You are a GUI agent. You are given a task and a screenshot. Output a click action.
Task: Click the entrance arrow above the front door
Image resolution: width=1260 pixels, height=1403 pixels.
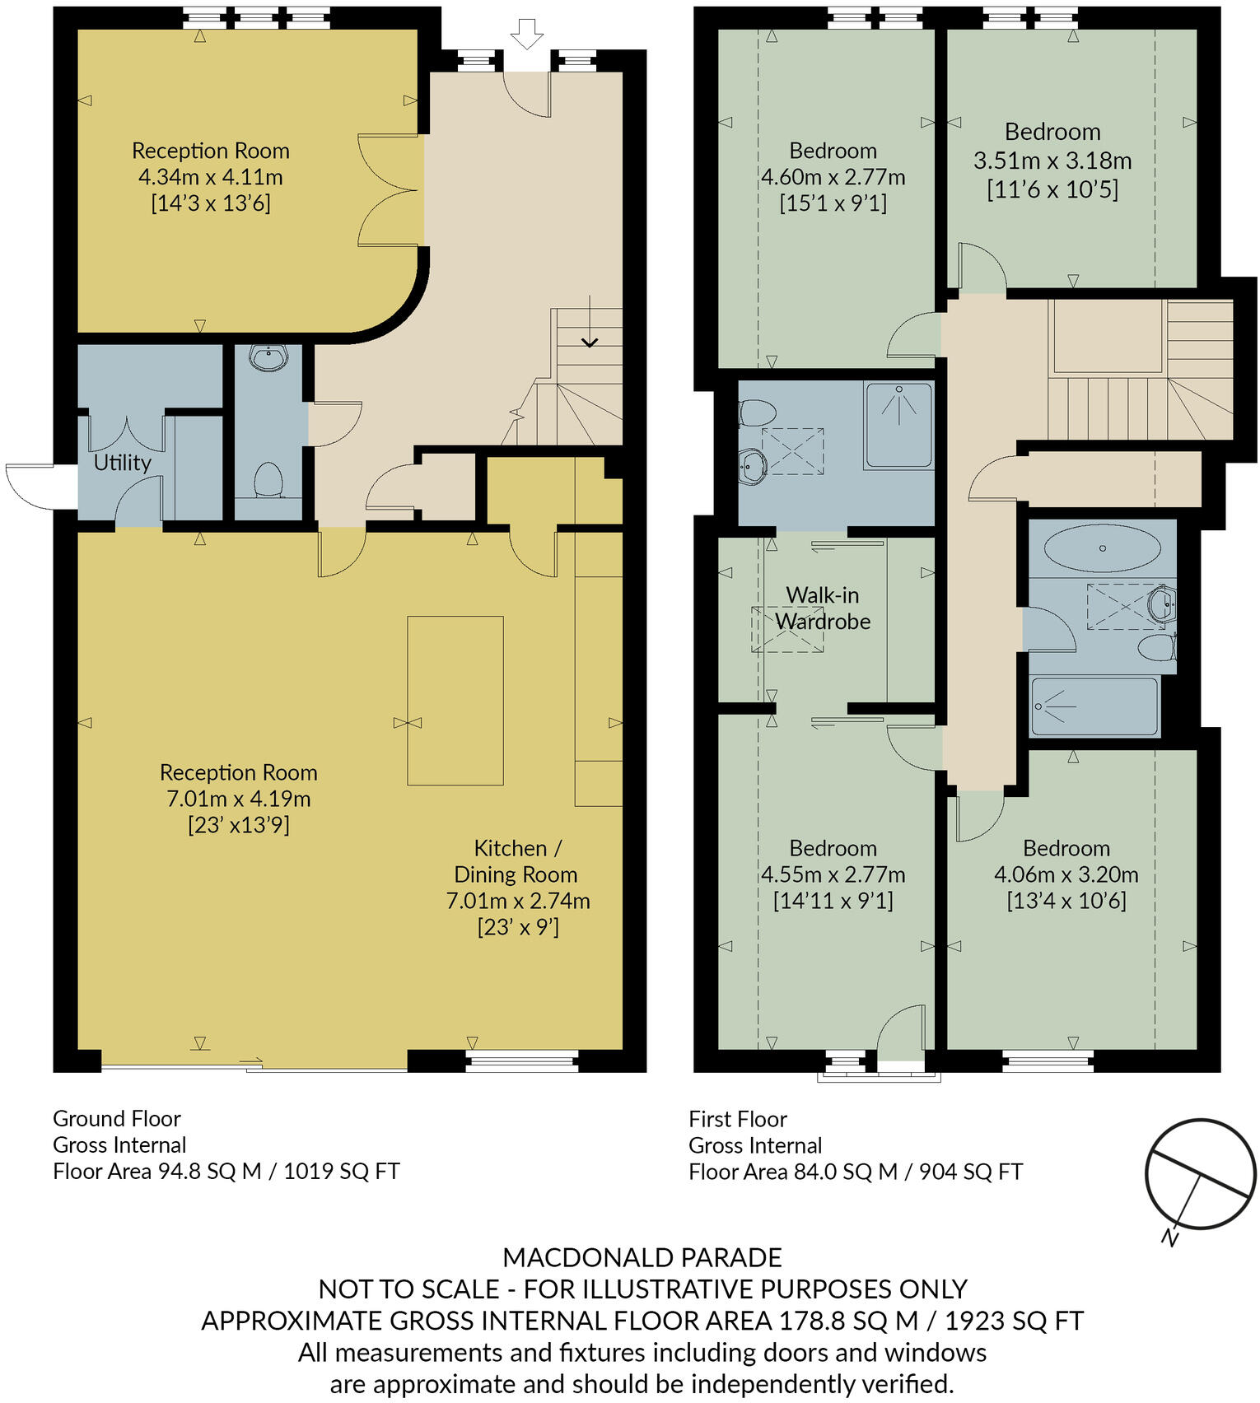tap(526, 35)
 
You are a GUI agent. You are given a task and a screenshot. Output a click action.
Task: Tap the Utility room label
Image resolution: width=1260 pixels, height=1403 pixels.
tap(122, 463)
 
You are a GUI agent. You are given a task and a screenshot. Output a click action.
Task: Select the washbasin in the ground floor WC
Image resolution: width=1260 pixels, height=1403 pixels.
tap(268, 358)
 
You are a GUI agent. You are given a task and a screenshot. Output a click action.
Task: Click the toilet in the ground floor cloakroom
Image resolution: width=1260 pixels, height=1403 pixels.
tap(268, 480)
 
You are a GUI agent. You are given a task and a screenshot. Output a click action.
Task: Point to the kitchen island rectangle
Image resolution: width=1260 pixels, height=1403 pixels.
tap(455, 700)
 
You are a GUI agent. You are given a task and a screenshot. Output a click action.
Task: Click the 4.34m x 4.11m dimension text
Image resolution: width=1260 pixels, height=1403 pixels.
tap(210, 177)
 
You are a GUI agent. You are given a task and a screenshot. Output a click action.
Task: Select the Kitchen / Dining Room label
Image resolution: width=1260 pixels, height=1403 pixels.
tap(516, 861)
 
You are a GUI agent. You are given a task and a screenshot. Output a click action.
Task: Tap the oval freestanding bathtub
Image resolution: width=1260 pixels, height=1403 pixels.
tap(1102, 548)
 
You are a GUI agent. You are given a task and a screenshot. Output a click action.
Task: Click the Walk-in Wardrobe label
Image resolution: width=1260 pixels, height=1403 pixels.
tap(823, 608)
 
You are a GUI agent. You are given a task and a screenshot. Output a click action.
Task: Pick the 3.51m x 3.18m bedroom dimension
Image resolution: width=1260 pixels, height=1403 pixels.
tap(1052, 161)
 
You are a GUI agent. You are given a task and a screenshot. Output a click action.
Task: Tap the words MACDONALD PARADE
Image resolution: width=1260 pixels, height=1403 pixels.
tap(642, 1257)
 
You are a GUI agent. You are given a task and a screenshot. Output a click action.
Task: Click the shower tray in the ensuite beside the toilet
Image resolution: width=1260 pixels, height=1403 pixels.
tap(898, 425)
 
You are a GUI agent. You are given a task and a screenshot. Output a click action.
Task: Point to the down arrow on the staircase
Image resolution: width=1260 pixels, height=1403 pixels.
tap(590, 340)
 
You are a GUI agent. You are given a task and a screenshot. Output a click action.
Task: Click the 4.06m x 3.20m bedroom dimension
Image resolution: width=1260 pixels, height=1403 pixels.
tap(1066, 874)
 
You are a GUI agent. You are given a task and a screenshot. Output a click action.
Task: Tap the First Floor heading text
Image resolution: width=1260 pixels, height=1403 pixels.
tap(738, 1119)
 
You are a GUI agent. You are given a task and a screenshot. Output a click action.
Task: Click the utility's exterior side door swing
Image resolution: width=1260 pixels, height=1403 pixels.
tap(29, 484)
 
